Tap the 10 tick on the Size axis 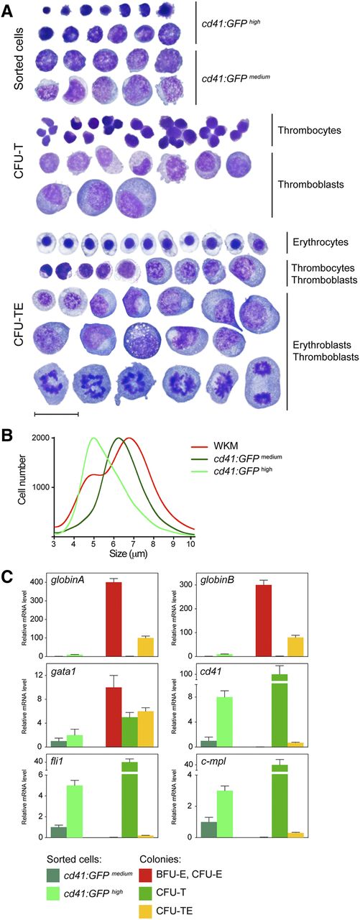coord(190,544)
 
